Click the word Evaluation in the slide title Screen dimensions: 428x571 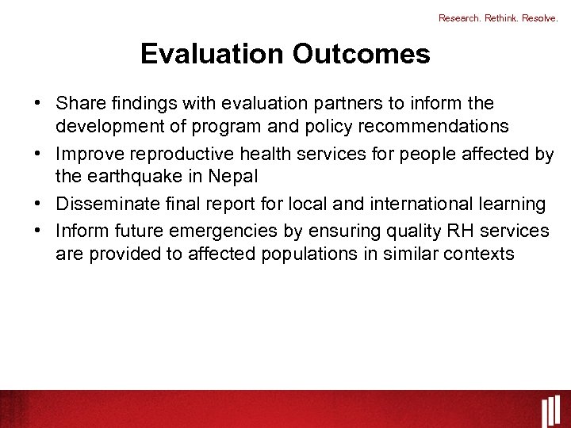point(213,54)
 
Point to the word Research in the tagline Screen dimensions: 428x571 point(458,17)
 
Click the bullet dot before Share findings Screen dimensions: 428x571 point(38,104)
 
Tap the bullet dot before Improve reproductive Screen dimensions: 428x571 point(38,155)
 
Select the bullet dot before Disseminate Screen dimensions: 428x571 point(38,204)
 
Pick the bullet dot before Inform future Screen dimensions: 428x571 point(38,230)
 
